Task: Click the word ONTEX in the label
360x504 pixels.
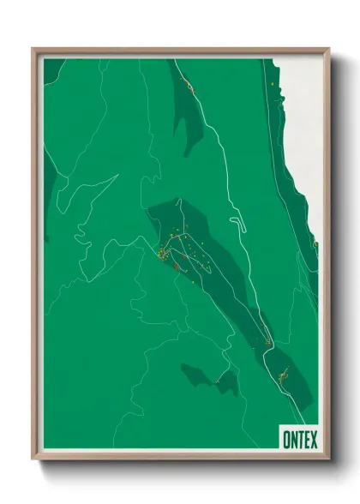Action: [x=299, y=440]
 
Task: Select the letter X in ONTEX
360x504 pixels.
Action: [x=313, y=440]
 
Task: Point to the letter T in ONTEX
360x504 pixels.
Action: [x=300, y=440]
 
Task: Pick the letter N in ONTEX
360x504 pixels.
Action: [x=293, y=440]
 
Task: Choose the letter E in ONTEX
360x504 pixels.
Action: [x=306, y=440]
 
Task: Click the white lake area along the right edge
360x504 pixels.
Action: [x=304, y=129]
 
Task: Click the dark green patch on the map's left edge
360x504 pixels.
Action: [x=50, y=184]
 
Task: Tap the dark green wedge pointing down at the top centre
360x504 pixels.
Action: [x=190, y=111]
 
